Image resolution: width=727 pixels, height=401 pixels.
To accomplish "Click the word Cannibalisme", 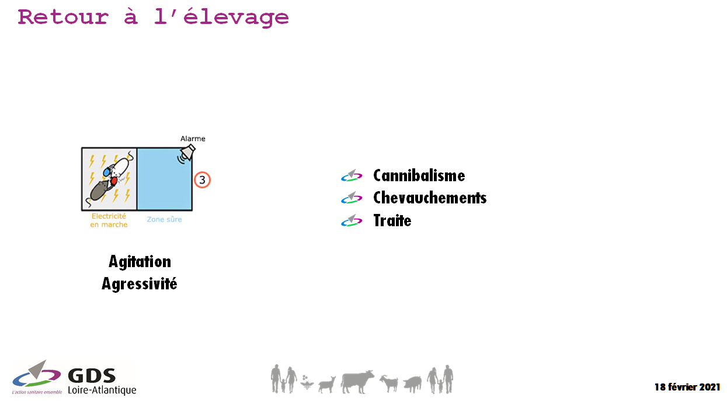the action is click(x=419, y=176).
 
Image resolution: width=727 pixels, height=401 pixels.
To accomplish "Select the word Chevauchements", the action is click(x=430, y=198).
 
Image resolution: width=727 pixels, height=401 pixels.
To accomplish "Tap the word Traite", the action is click(x=392, y=220).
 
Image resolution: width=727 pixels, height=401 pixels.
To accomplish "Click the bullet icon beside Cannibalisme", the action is click(x=352, y=175).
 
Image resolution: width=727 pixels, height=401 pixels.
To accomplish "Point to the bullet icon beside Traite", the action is click(x=352, y=220).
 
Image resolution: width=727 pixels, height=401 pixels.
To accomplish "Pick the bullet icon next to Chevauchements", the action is click(x=352, y=198).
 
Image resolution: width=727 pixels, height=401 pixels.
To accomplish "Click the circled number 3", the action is click(x=202, y=179).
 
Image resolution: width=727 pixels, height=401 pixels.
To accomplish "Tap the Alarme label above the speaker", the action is click(x=193, y=139).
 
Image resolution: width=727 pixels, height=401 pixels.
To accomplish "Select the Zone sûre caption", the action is click(x=164, y=219).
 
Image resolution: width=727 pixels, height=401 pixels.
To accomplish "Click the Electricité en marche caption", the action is click(x=109, y=220).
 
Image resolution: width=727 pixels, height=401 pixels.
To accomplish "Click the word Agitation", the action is click(x=140, y=262).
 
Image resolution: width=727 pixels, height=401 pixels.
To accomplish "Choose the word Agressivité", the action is click(x=139, y=284).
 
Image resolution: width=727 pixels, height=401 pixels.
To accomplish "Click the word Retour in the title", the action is click(x=63, y=17).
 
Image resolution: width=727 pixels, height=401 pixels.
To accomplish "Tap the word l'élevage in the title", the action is click(x=221, y=18).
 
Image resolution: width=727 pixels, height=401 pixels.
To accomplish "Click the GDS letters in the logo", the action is click(x=92, y=376).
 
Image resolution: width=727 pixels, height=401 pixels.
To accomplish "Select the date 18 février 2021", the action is click(x=687, y=387).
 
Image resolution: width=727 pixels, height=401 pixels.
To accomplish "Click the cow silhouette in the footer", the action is click(x=357, y=382).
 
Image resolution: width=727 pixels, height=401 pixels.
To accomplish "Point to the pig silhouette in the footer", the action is click(x=412, y=385).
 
